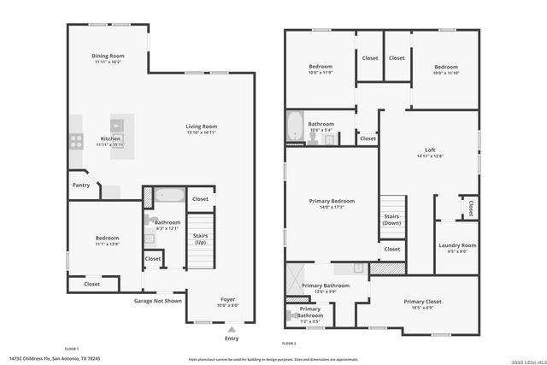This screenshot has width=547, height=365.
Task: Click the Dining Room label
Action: [108, 59]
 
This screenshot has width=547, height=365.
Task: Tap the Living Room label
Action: [202, 129]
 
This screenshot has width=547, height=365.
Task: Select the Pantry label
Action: [81, 185]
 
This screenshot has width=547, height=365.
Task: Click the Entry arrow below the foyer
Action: [232, 328]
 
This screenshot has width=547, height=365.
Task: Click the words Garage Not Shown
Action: [158, 300]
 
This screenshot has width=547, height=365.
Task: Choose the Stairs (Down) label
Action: [391, 220]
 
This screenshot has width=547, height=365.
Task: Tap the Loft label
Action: [425, 153]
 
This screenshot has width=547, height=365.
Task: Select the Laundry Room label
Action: [457, 249]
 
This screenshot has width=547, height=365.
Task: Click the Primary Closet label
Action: [422, 304]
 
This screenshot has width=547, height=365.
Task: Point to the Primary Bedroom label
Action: [332, 203]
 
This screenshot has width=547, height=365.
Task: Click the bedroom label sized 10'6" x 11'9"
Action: [320, 69]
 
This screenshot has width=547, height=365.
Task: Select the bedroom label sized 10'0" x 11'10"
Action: [445, 69]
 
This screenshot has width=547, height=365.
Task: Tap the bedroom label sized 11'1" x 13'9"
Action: [107, 241]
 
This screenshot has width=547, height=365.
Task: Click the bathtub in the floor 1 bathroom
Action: [169, 195]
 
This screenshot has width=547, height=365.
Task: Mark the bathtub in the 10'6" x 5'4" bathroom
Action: [295, 127]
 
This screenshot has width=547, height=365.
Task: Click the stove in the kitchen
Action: [75, 142]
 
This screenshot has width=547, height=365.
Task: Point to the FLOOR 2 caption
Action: [289, 343]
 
